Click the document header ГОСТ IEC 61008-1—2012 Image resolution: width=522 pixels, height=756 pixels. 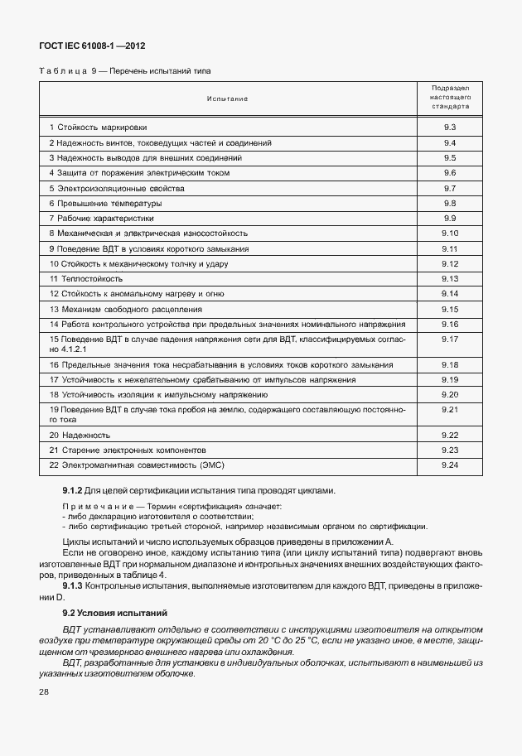pos(86,47)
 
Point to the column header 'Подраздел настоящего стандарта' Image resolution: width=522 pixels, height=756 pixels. pos(451,98)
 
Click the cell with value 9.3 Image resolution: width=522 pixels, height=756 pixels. pos(451,127)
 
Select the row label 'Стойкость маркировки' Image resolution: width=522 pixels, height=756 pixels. pos(103,128)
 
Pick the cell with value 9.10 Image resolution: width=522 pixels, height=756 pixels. pos(451,234)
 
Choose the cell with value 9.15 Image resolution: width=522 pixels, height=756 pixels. pos(451,309)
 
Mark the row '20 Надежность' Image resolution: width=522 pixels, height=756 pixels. pos(80,435)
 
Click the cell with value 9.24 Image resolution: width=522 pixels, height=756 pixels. pos(451,465)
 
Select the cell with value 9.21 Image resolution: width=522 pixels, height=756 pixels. pos(451,410)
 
